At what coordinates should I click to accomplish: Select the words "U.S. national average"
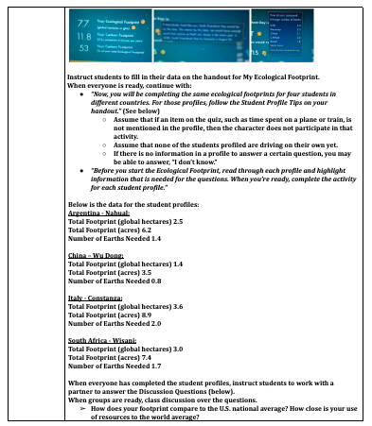[247, 409]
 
